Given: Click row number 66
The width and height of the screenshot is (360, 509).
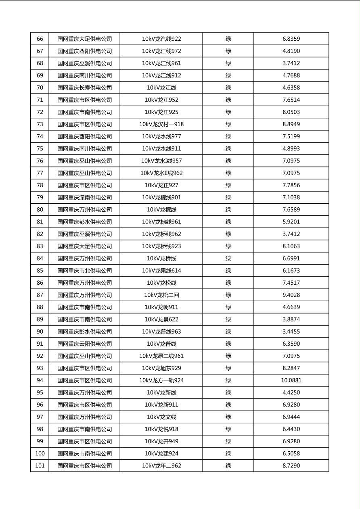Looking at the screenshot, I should coord(40,39).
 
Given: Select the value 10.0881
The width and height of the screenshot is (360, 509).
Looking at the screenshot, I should coord(291,380).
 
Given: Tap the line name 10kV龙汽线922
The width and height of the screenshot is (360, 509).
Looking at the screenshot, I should coord(161,39).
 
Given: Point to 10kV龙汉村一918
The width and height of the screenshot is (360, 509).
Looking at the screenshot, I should coord(161,124).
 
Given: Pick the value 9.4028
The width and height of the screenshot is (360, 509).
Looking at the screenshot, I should coord(291,295).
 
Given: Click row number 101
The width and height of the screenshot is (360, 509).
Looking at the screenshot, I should coord(40,466).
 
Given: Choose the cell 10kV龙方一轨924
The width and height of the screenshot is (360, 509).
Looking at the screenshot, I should coord(161,380).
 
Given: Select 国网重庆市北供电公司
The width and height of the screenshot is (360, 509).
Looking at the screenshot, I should coord(84,271).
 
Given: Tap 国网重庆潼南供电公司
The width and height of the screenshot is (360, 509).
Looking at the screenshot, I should coord(84,198).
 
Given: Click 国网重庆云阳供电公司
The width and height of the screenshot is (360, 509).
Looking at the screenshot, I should coord(84,344).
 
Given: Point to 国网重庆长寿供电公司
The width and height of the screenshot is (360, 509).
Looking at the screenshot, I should coord(84,88).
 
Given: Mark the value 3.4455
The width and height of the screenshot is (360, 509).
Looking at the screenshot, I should coord(291,332).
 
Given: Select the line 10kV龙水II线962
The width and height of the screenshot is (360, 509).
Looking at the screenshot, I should coord(161,173).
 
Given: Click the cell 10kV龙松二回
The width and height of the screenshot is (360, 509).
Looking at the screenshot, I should coord(161,295).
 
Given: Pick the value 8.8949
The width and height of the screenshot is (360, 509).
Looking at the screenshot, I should coord(291,124).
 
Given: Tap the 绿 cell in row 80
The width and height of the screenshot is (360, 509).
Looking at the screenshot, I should coord(228,210).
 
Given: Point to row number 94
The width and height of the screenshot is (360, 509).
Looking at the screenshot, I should coord(40,380).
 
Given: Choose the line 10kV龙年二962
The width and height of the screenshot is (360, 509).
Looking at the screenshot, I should coord(161,466).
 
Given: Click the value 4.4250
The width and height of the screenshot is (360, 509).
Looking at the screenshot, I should coord(291,392).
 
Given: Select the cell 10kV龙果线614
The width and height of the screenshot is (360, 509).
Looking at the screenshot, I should coord(161,271).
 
